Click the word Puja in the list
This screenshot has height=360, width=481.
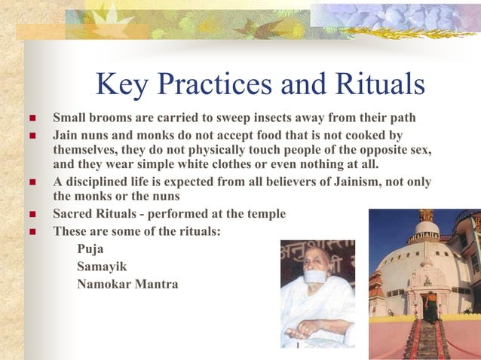click(x=91, y=248)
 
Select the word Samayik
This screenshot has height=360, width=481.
click(x=103, y=266)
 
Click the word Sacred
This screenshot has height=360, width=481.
click(x=73, y=215)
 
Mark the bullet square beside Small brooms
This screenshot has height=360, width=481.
click(x=31, y=120)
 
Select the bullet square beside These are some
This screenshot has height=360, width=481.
click(x=31, y=232)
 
